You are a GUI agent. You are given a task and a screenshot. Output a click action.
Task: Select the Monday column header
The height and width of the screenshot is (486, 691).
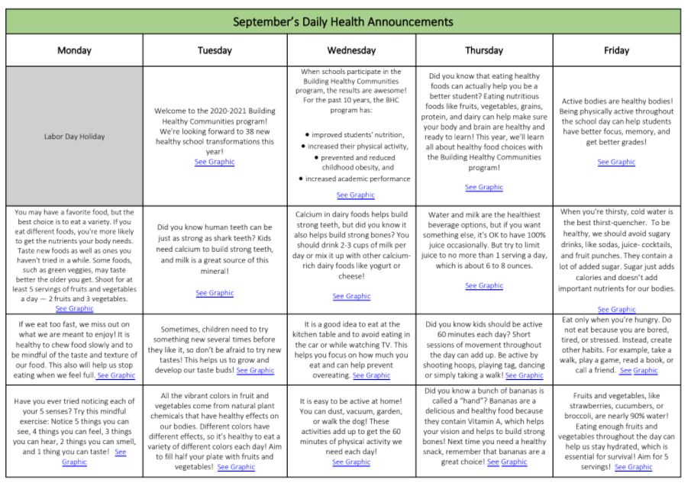click(x=74, y=51)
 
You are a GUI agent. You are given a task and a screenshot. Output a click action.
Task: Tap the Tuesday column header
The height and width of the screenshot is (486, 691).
click(x=215, y=51)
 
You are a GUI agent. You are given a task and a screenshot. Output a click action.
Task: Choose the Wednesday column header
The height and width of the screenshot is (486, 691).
click(x=351, y=51)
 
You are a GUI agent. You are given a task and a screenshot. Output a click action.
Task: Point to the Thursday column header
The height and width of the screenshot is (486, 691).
click(x=484, y=51)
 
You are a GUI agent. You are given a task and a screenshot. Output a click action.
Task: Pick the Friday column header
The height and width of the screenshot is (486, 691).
click(x=616, y=51)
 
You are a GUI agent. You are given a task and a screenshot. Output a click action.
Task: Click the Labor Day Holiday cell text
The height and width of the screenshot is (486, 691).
click(x=75, y=137)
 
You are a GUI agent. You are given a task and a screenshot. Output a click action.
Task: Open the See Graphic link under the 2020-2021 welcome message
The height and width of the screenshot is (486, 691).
click(x=215, y=162)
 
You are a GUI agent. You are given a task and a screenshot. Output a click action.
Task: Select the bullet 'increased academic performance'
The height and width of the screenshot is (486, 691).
click(x=357, y=179)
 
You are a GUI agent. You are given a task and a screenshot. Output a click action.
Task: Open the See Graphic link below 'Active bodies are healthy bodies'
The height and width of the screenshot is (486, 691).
click(x=616, y=162)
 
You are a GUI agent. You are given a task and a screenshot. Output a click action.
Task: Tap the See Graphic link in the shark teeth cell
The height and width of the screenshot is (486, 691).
click(x=215, y=293)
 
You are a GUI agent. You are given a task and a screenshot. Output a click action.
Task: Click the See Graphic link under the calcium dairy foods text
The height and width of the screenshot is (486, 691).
click(x=352, y=296)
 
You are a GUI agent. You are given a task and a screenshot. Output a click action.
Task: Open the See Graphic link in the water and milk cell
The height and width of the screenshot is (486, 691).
click(x=484, y=285)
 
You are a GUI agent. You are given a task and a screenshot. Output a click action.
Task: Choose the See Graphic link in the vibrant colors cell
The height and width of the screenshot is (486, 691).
click(x=236, y=467)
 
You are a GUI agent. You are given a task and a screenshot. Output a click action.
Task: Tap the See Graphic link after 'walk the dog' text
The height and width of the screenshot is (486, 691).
click(x=352, y=462)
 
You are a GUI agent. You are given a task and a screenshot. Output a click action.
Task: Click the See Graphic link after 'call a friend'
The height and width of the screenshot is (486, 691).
click(x=639, y=371)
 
